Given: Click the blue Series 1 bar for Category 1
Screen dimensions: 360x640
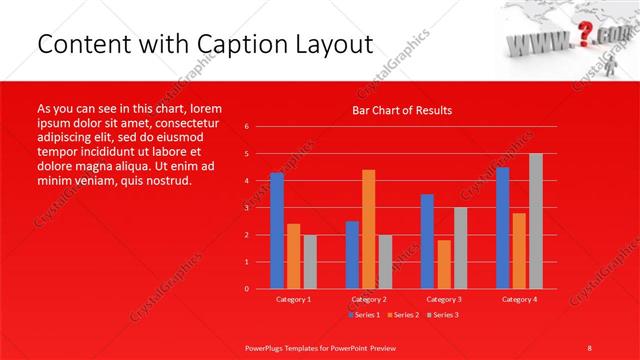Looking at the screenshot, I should click(x=277, y=231).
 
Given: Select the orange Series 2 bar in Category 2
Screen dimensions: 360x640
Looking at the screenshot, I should click(x=369, y=229).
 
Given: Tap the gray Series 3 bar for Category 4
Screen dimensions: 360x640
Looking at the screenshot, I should click(x=536, y=221).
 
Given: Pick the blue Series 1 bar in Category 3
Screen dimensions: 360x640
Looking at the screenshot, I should click(x=427, y=241).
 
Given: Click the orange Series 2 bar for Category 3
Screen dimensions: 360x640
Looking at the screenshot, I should click(x=444, y=264).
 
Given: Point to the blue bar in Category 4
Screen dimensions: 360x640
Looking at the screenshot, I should click(x=502, y=228).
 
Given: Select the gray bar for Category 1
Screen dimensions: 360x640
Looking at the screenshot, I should click(x=310, y=262).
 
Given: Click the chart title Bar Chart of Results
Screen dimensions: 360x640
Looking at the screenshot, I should click(x=402, y=110).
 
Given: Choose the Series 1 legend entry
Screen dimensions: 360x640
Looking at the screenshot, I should click(x=365, y=315).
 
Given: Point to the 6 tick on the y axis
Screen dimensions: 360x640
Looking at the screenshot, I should click(x=246, y=127).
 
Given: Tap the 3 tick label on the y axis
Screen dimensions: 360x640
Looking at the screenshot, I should click(x=246, y=208).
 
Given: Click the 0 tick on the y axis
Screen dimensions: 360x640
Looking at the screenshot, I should click(x=246, y=289).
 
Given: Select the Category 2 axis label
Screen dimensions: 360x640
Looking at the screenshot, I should click(x=368, y=299).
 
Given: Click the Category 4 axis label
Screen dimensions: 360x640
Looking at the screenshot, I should click(x=518, y=299).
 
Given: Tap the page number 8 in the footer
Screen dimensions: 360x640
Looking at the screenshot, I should click(x=590, y=345).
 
